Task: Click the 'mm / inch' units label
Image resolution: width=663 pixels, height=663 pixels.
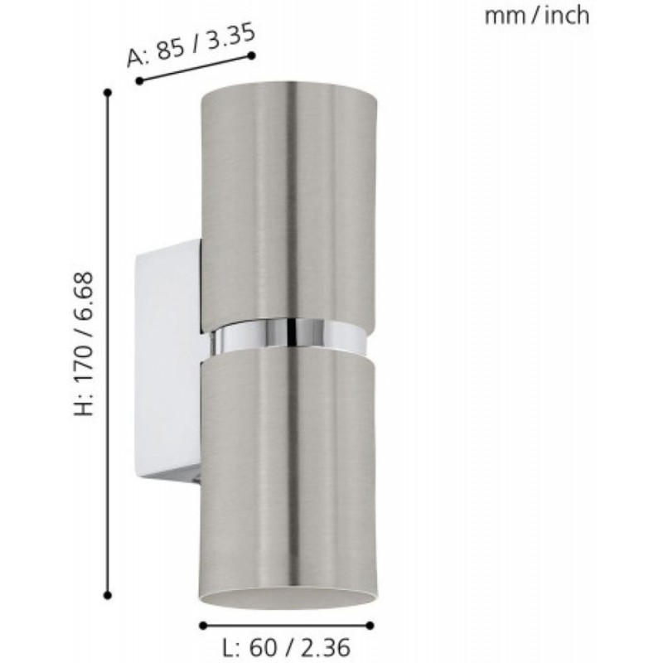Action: pos(536,16)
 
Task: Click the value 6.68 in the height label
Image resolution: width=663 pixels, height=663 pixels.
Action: pos(84,290)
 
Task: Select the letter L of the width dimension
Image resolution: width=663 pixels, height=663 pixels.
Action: pos(230,647)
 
